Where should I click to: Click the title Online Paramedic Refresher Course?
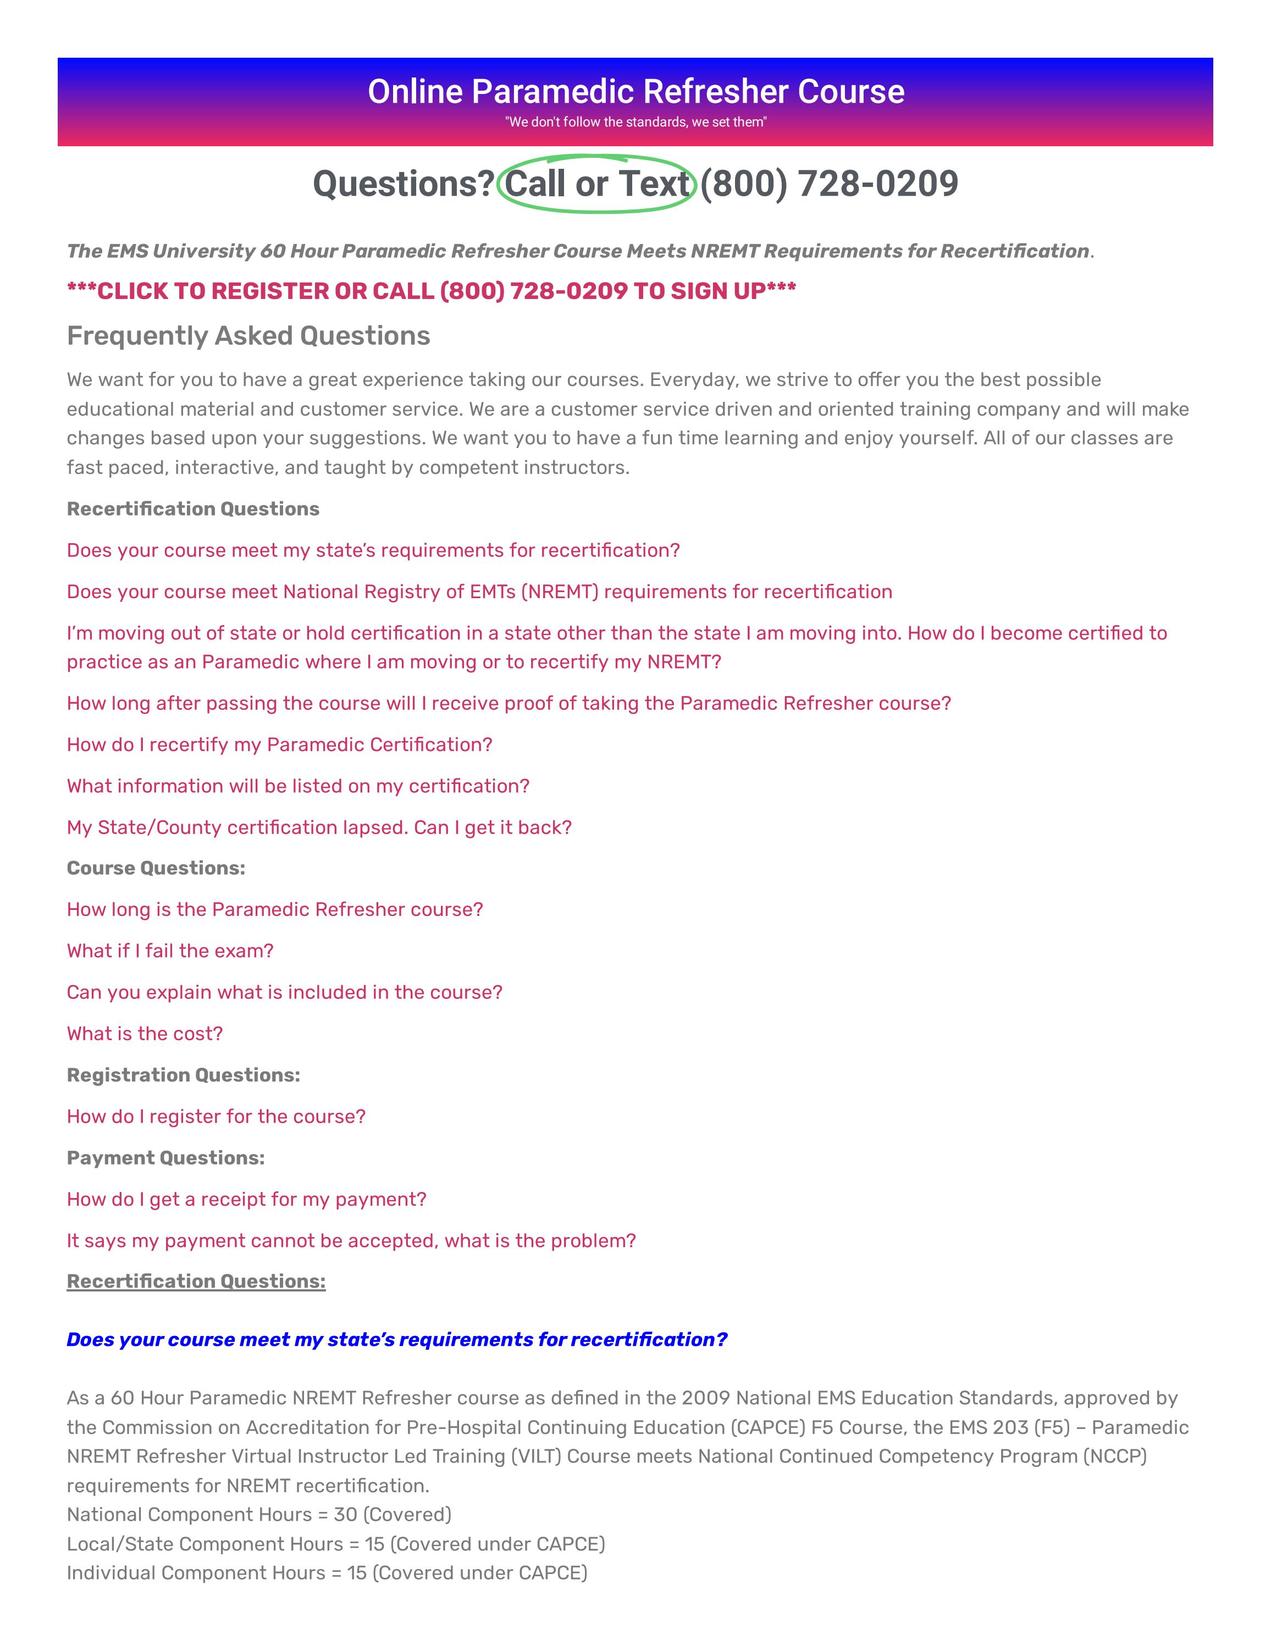click(635, 91)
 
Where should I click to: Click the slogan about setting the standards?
click(635, 122)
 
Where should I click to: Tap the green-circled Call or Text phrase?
click(596, 184)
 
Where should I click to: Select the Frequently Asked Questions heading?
click(248, 336)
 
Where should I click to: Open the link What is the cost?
click(145, 1034)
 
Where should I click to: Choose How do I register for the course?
click(216, 1116)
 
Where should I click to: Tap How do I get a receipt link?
click(246, 1199)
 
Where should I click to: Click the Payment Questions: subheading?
click(165, 1158)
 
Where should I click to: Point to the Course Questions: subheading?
click(156, 868)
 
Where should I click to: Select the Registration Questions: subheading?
click(183, 1075)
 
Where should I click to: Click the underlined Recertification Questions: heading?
click(196, 1281)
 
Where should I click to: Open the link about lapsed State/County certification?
click(319, 827)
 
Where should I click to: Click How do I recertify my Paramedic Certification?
click(279, 744)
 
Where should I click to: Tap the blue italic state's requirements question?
click(397, 1339)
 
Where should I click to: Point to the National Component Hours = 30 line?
click(259, 1514)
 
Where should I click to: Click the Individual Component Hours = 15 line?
click(327, 1572)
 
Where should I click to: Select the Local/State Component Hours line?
click(336, 1544)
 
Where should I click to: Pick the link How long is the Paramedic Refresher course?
click(275, 909)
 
